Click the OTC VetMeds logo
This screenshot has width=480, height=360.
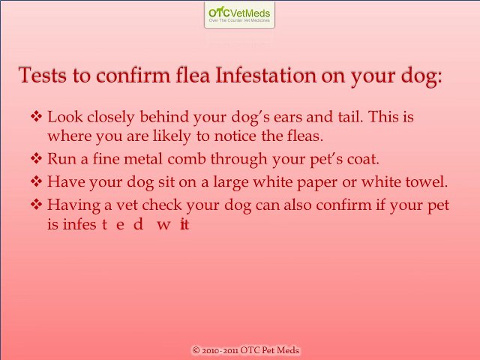(239, 14)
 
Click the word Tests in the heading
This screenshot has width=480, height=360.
(42, 76)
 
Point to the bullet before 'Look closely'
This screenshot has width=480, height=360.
(37, 118)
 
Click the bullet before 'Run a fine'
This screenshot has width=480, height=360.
(37, 159)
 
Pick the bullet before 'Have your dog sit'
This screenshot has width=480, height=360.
(37, 181)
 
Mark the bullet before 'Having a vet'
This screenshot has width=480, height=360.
(37, 204)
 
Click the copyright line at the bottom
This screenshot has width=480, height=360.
(246, 350)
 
